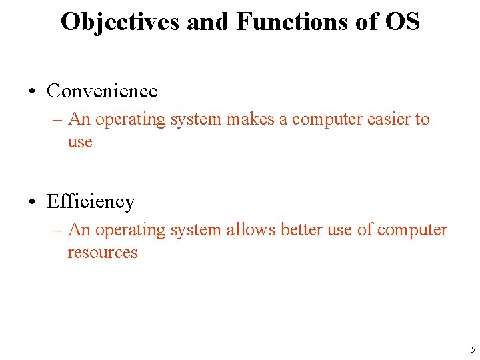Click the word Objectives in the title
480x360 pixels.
121,22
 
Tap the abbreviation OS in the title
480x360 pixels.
402,22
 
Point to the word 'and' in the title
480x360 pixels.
208,22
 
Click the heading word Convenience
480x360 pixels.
102,91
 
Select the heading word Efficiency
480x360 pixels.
91,201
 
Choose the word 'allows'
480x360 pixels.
251,230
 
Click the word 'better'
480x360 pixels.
301,230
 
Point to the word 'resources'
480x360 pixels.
102,253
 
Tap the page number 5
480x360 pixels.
472,350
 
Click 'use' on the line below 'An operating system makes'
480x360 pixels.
79,143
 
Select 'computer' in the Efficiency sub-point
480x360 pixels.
412,230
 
